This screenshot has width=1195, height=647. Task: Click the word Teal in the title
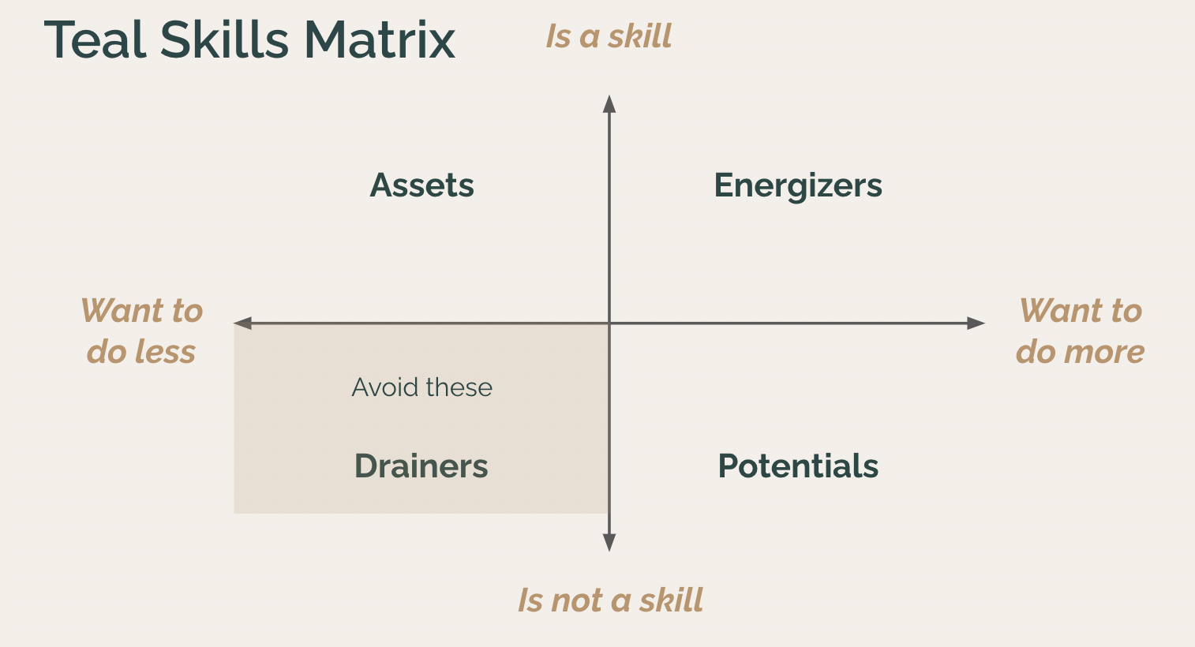(95, 39)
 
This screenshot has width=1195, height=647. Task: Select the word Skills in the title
(224, 39)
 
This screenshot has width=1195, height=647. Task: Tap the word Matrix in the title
(380, 39)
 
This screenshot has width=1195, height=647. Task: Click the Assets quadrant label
(421, 185)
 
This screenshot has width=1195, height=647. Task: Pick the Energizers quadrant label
(798, 187)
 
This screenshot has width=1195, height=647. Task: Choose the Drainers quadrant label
(421, 466)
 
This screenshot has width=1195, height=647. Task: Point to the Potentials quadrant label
(798, 466)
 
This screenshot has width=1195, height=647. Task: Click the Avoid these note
(421, 387)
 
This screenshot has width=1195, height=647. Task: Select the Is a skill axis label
(609, 37)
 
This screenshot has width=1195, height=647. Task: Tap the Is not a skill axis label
(610, 600)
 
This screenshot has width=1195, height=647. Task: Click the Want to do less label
(141, 331)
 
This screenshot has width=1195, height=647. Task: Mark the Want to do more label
(1081, 331)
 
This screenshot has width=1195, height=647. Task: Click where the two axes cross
(609, 323)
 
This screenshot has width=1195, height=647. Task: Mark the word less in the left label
(166, 352)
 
